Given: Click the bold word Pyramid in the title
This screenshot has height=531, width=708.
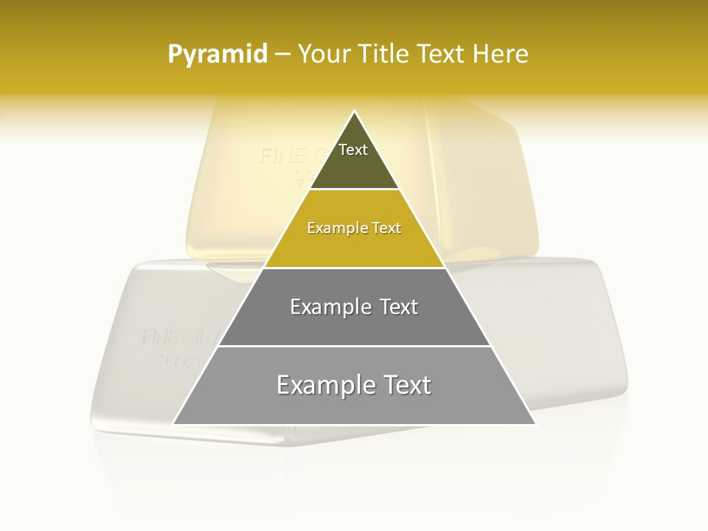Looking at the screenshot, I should [217, 55].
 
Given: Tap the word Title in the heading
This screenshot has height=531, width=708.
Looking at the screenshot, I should [383, 55].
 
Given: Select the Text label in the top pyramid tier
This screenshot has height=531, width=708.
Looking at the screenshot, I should [353, 150].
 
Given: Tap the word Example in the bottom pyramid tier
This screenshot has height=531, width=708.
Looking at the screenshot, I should [323, 385].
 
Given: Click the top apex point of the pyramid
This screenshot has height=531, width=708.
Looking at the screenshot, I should [355, 112].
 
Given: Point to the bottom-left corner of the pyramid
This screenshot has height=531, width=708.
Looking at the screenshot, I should [174, 423].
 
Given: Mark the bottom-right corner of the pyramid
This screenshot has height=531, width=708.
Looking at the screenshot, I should [535, 423].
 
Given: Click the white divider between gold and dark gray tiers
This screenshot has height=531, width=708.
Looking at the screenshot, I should [354, 268].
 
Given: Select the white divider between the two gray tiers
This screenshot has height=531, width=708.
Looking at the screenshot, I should [354, 346].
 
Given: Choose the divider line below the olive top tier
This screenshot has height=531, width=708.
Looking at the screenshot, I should [354, 190].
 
